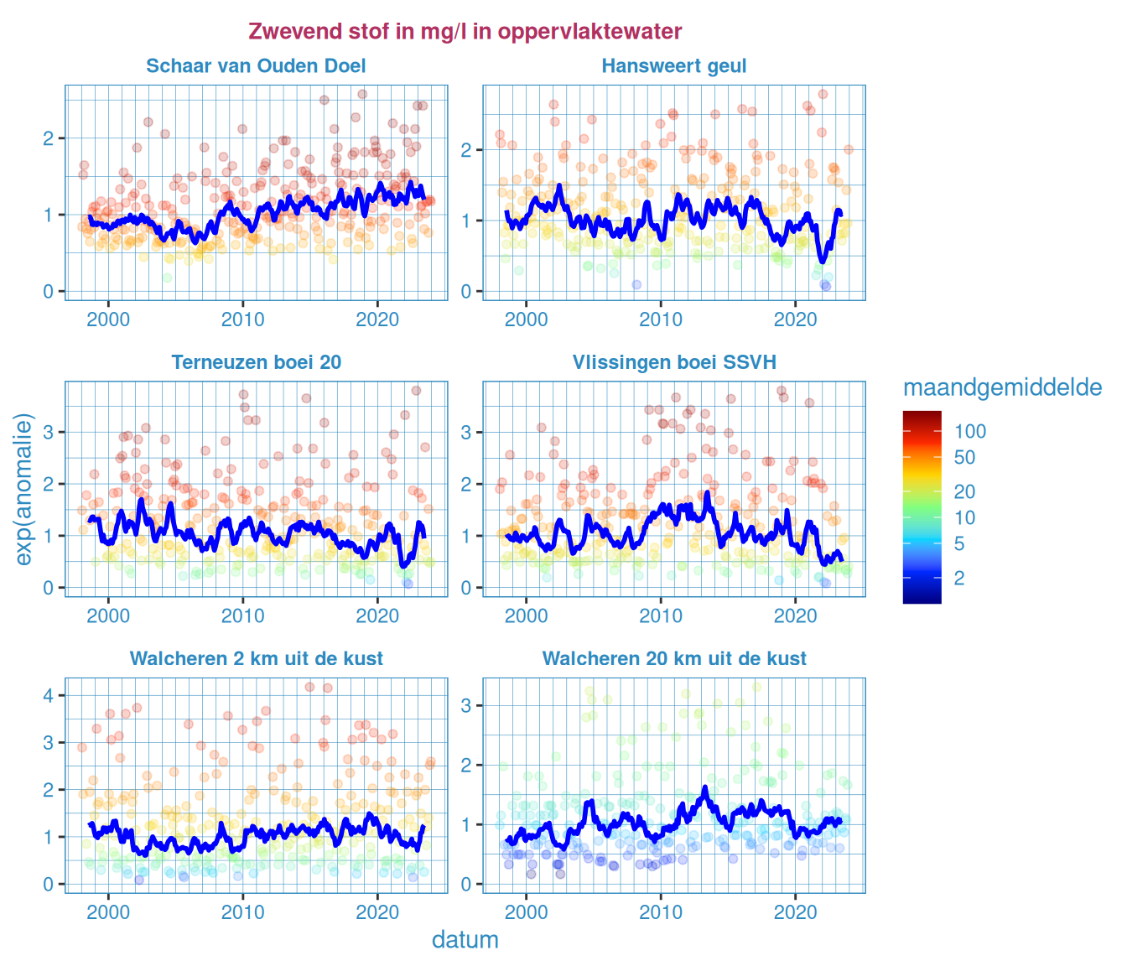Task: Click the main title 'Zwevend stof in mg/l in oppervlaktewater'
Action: [x=465, y=32]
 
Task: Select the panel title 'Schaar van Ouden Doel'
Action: [x=256, y=66]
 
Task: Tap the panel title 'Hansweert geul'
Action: [x=674, y=66]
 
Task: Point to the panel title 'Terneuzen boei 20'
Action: [x=256, y=362]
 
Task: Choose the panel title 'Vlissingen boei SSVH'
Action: [x=674, y=362]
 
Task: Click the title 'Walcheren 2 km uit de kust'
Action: [x=256, y=659]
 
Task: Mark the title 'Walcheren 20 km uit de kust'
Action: [x=674, y=659]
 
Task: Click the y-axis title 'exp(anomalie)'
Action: [x=24, y=489]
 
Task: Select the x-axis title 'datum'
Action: [x=465, y=940]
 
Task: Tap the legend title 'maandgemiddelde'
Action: [x=1002, y=387]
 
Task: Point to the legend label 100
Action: [x=970, y=432]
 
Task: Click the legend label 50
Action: [x=964, y=458]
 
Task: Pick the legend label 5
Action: [x=959, y=544]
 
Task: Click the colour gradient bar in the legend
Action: [x=922, y=507]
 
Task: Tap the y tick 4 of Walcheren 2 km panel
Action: [x=49, y=695]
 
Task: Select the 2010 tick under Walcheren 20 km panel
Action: [x=661, y=912]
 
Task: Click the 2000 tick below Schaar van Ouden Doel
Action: [x=109, y=319]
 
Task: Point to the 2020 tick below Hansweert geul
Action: [x=795, y=319]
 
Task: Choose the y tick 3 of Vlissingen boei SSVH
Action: [x=466, y=433]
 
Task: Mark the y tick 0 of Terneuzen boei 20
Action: [x=49, y=588]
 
